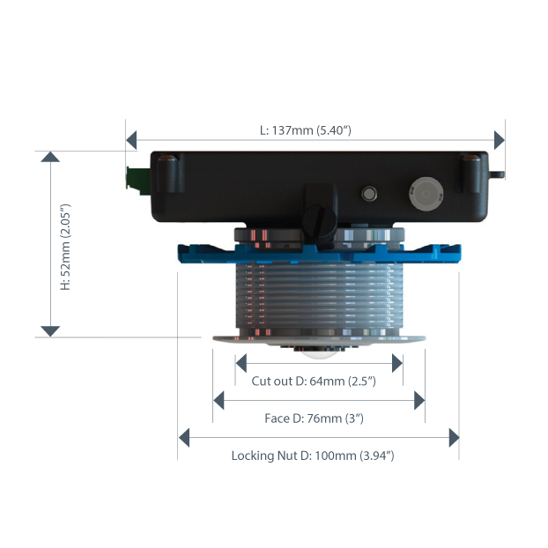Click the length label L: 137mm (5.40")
(306, 130)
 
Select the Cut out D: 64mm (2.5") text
(314, 381)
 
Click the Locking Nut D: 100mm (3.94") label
(312, 455)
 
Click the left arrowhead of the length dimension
(132, 140)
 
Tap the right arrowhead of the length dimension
(500, 140)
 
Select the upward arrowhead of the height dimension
(50, 157)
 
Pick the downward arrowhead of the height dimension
(50, 330)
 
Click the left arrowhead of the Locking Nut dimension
(184, 437)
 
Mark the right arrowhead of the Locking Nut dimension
(454, 437)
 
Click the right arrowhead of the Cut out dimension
(397, 363)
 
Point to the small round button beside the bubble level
(369, 192)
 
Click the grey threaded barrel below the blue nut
(317, 295)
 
